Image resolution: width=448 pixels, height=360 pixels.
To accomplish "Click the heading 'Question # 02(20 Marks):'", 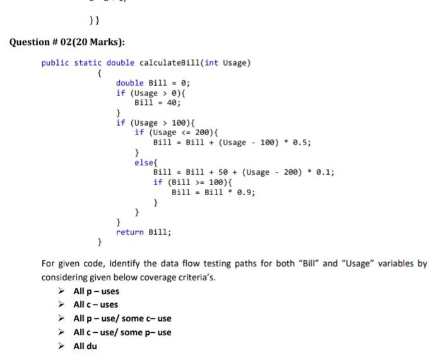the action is pyautogui.click(x=68, y=42).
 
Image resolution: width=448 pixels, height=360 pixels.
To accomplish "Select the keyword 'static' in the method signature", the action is pyautogui.click(x=88, y=63).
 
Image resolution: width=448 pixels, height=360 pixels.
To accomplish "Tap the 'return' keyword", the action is pyautogui.click(x=129, y=232).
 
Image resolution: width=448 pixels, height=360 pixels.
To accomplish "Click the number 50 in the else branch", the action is pyautogui.click(x=216, y=172).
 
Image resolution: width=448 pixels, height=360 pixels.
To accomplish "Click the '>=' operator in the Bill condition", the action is pyautogui.click(x=199, y=182).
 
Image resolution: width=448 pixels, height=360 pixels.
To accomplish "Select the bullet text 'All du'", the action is pyautogui.click(x=85, y=346).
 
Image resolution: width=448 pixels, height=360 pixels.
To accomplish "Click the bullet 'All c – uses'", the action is pyautogui.click(x=95, y=304).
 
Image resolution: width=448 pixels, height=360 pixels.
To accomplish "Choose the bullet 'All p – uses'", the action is pyautogui.click(x=96, y=291).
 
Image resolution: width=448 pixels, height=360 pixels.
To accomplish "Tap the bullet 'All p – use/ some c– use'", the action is pyautogui.click(x=122, y=318).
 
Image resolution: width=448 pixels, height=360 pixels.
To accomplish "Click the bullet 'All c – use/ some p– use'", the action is pyautogui.click(x=122, y=332).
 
